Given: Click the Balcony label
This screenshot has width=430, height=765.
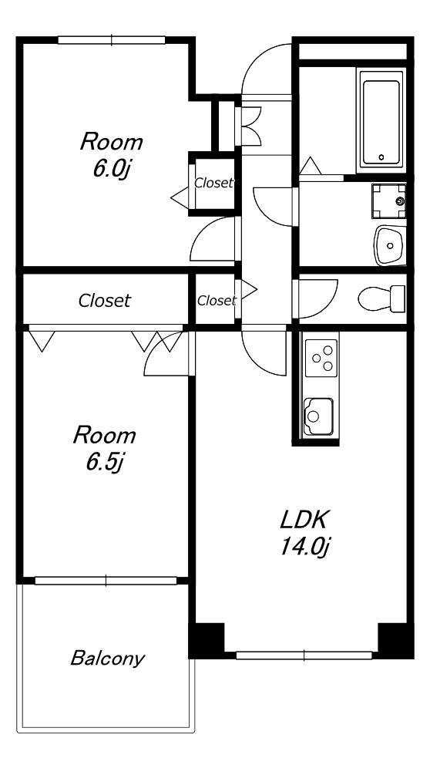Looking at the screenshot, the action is (x=107, y=659).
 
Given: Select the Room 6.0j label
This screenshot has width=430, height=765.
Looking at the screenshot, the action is (x=112, y=156).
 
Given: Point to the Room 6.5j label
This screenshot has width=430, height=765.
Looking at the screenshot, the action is (x=104, y=449).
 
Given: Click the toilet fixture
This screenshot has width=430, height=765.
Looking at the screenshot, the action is (x=381, y=298).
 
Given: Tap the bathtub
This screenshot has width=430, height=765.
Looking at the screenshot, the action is (x=381, y=120).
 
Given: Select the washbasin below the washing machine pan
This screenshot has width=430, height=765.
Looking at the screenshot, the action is (x=389, y=245).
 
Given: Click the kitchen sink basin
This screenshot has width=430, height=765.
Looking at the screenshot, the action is (x=318, y=416).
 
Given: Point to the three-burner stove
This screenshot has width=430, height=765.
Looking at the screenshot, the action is (x=321, y=358).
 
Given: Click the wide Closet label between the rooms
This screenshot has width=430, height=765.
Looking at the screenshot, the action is (x=104, y=300).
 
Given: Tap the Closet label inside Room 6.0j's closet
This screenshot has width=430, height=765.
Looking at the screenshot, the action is (x=213, y=183).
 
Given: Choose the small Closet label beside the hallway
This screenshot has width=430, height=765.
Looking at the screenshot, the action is (x=217, y=301).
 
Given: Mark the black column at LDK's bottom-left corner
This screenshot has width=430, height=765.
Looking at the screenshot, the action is (x=207, y=641).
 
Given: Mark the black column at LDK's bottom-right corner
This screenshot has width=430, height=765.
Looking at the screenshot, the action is (x=396, y=641).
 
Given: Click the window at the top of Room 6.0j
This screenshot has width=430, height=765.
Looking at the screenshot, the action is (x=112, y=40).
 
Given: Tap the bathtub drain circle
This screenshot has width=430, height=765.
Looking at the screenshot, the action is (x=381, y=157).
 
